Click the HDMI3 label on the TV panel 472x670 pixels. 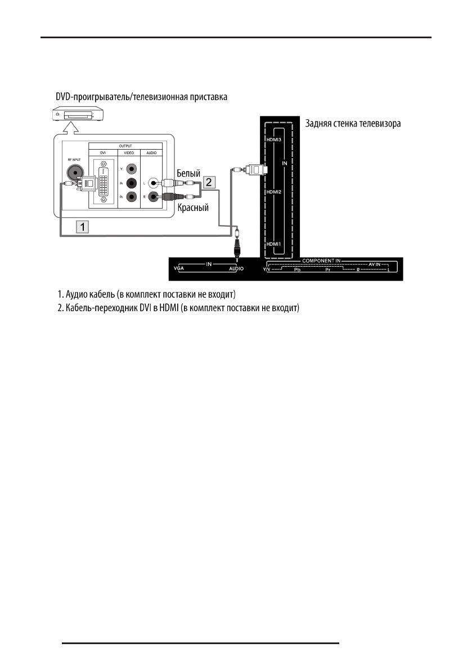[x=273, y=140]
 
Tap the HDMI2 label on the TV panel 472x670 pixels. [x=273, y=192]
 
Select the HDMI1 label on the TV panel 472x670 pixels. [x=273, y=244]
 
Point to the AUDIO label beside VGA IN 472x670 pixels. [x=235, y=269]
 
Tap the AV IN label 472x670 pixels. [x=376, y=264]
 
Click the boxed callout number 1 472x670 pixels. [x=83, y=227]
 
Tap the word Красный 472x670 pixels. [x=193, y=207]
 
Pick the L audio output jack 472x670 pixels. [x=152, y=183]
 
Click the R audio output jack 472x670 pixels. [x=152, y=197]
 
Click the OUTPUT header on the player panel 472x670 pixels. [x=125, y=146]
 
